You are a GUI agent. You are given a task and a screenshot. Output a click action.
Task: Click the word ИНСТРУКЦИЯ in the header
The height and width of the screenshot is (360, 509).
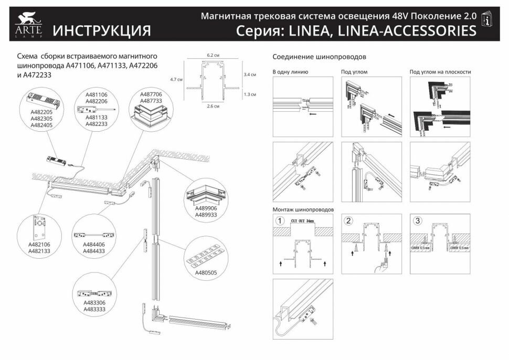101,30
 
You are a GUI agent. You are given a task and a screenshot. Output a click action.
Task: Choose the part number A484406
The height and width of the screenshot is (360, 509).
94,244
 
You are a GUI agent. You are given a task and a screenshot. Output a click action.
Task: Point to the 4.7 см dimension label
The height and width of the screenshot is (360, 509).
176,79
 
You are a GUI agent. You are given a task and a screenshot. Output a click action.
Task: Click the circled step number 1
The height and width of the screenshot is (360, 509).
281,220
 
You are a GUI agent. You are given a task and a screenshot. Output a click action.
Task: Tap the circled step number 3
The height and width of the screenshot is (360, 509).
418,220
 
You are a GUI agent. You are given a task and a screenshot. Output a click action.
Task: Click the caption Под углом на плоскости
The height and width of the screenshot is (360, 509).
440,72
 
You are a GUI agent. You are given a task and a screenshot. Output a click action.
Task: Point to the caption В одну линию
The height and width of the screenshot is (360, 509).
290,72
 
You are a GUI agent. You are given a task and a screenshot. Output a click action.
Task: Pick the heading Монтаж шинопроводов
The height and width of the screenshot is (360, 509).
303,209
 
